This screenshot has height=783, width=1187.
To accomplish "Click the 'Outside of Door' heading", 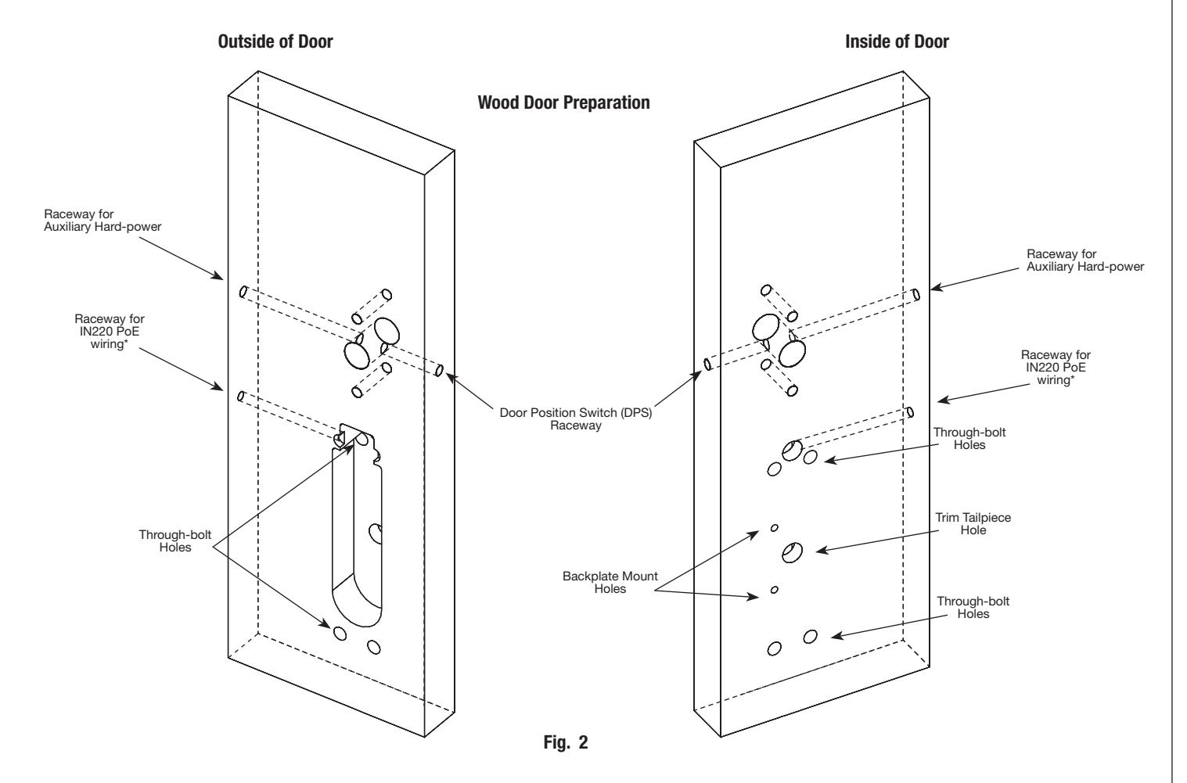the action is pyautogui.click(x=275, y=41).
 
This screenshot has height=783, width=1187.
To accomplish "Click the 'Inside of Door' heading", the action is pyautogui.click(x=897, y=41).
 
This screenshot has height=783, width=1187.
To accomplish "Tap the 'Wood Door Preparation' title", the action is pyautogui.click(x=563, y=102).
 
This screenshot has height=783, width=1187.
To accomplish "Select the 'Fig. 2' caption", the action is pyautogui.click(x=566, y=742).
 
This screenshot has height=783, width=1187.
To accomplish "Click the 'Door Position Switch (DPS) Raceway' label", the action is pyautogui.click(x=575, y=418).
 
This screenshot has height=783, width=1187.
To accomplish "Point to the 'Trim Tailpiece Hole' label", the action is pyautogui.click(x=973, y=523).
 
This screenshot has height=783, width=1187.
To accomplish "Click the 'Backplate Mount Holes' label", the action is pyautogui.click(x=610, y=582).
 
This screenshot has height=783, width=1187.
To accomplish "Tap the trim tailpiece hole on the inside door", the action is pyautogui.click(x=792, y=552).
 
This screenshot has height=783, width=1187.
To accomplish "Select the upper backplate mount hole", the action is pyautogui.click(x=774, y=528).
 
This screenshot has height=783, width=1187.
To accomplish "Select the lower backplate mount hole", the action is pyautogui.click(x=774, y=590).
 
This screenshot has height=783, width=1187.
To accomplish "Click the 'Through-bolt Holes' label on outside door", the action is pyautogui.click(x=174, y=541).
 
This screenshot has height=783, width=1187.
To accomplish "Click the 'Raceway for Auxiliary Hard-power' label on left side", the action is pyautogui.click(x=103, y=221).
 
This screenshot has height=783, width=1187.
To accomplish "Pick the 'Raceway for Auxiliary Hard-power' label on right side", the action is pyautogui.click(x=1085, y=260).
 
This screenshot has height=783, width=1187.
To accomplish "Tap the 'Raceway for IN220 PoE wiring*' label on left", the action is pyautogui.click(x=110, y=332).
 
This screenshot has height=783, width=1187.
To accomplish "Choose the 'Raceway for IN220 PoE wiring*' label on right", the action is pyautogui.click(x=1056, y=368).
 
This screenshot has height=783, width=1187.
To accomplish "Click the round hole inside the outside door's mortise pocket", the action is pyautogui.click(x=376, y=533).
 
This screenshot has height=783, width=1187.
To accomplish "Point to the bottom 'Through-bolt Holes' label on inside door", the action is pyautogui.click(x=973, y=607).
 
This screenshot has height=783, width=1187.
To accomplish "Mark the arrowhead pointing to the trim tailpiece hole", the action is pyautogui.click(x=822, y=551).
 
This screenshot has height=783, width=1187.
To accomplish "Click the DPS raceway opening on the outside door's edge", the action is pyautogui.click(x=439, y=370).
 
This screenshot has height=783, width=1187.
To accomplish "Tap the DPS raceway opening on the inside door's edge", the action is pyautogui.click(x=707, y=364).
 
